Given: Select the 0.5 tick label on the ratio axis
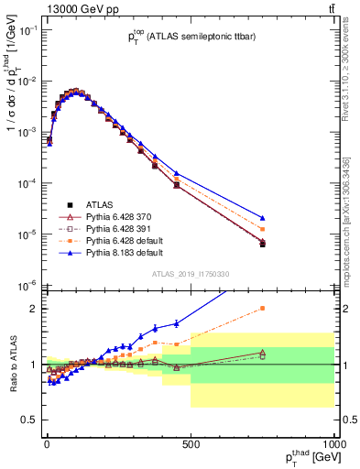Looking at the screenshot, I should tap(29, 420).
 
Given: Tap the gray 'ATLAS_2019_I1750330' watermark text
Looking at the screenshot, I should tap(190, 273).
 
